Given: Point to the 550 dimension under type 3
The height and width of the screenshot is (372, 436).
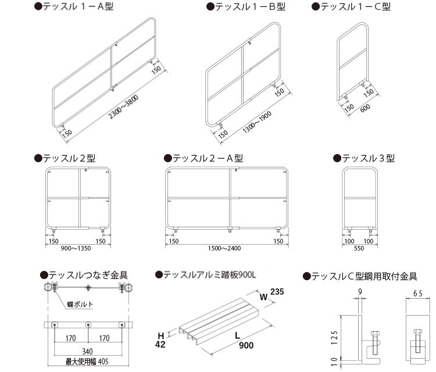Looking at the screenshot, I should pyautogui.click(x=359, y=248).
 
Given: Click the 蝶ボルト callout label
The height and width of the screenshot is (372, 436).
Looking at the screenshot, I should pyautogui.click(x=81, y=303).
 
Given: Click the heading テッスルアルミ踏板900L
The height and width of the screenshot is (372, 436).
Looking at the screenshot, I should pyautogui.click(x=206, y=274).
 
